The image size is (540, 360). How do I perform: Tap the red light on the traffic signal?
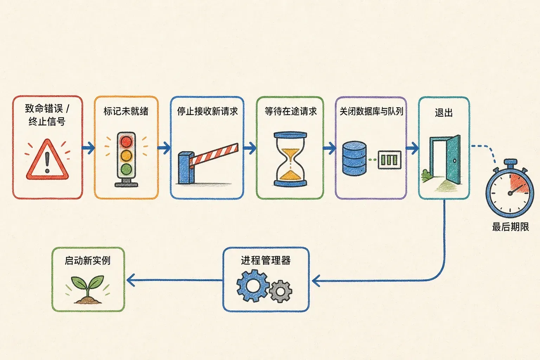pos(126,142)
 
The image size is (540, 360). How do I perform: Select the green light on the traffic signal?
pos(126,169)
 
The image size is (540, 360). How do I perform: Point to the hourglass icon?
pos(290,159)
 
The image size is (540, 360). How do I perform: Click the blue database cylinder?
pos(354,159)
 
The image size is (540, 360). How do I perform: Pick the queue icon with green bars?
pos(390,160)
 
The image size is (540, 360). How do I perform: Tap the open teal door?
pos(453,159)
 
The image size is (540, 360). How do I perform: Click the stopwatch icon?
pos(510,188)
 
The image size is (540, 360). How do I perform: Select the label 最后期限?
pos(510,227)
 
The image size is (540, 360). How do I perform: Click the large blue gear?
pos(253,286)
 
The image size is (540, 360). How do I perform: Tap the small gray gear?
pos(280,291)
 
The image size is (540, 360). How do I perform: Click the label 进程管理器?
pos(266,261)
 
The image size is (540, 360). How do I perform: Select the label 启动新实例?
pos(88,261)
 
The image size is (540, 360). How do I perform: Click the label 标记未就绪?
pos(126,111)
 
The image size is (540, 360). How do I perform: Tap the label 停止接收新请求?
pos(207,111)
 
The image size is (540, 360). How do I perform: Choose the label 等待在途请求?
pos(290,111)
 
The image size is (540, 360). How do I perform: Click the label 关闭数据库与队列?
pos(371,111)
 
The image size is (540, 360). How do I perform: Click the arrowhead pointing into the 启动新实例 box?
pos(130,280)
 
